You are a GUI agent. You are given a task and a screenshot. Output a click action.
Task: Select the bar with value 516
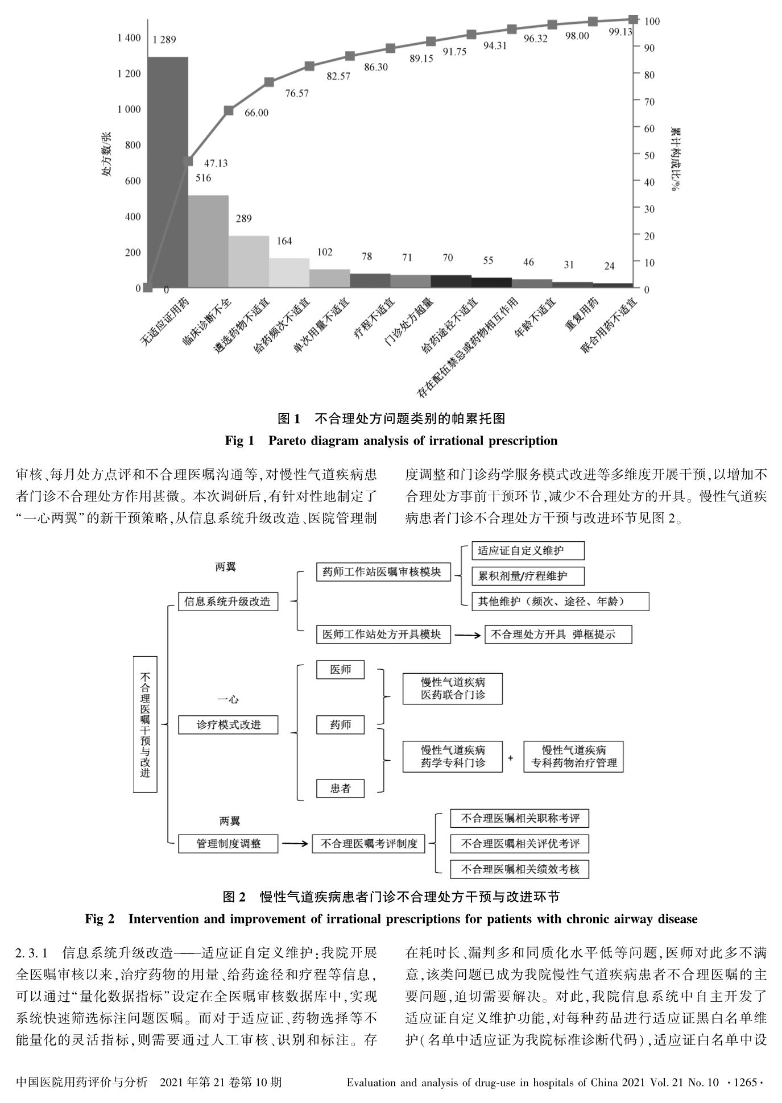[x=208, y=241]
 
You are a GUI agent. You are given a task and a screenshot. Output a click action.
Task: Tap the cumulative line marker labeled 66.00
[x=229, y=110]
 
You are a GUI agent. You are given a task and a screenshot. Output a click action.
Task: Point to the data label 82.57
[x=338, y=76]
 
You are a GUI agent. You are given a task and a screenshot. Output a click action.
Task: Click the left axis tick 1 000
[x=129, y=109]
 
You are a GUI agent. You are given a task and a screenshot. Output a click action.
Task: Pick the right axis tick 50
[x=649, y=155]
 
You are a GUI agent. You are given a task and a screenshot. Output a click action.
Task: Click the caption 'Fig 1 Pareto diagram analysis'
[x=391, y=441]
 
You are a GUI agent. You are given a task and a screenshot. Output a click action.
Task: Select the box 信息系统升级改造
[x=227, y=602]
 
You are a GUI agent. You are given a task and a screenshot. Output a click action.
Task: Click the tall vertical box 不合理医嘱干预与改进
[x=145, y=724]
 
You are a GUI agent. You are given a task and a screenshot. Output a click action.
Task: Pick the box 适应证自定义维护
[x=527, y=550]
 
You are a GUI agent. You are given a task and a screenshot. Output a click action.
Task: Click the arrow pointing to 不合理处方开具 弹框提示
[x=467, y=635]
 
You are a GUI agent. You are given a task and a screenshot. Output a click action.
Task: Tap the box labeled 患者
[x=340, y=789]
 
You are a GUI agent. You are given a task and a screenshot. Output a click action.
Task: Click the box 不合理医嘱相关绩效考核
[x=519, y=869]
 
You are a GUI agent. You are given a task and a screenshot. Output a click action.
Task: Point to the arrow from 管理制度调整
[x=295, y=844]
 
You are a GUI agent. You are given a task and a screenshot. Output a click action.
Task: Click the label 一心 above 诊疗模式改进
[x=227, y=699]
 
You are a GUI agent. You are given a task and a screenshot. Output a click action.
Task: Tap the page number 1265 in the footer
[x=745, y=1082]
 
